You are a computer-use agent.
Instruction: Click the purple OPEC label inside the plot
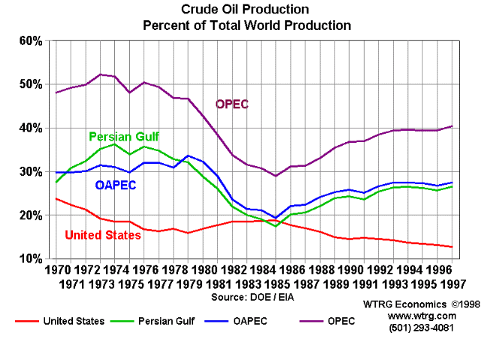(231, 104)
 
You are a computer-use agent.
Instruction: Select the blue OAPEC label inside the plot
(116, 185)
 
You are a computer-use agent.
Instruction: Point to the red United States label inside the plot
(103, 235)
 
